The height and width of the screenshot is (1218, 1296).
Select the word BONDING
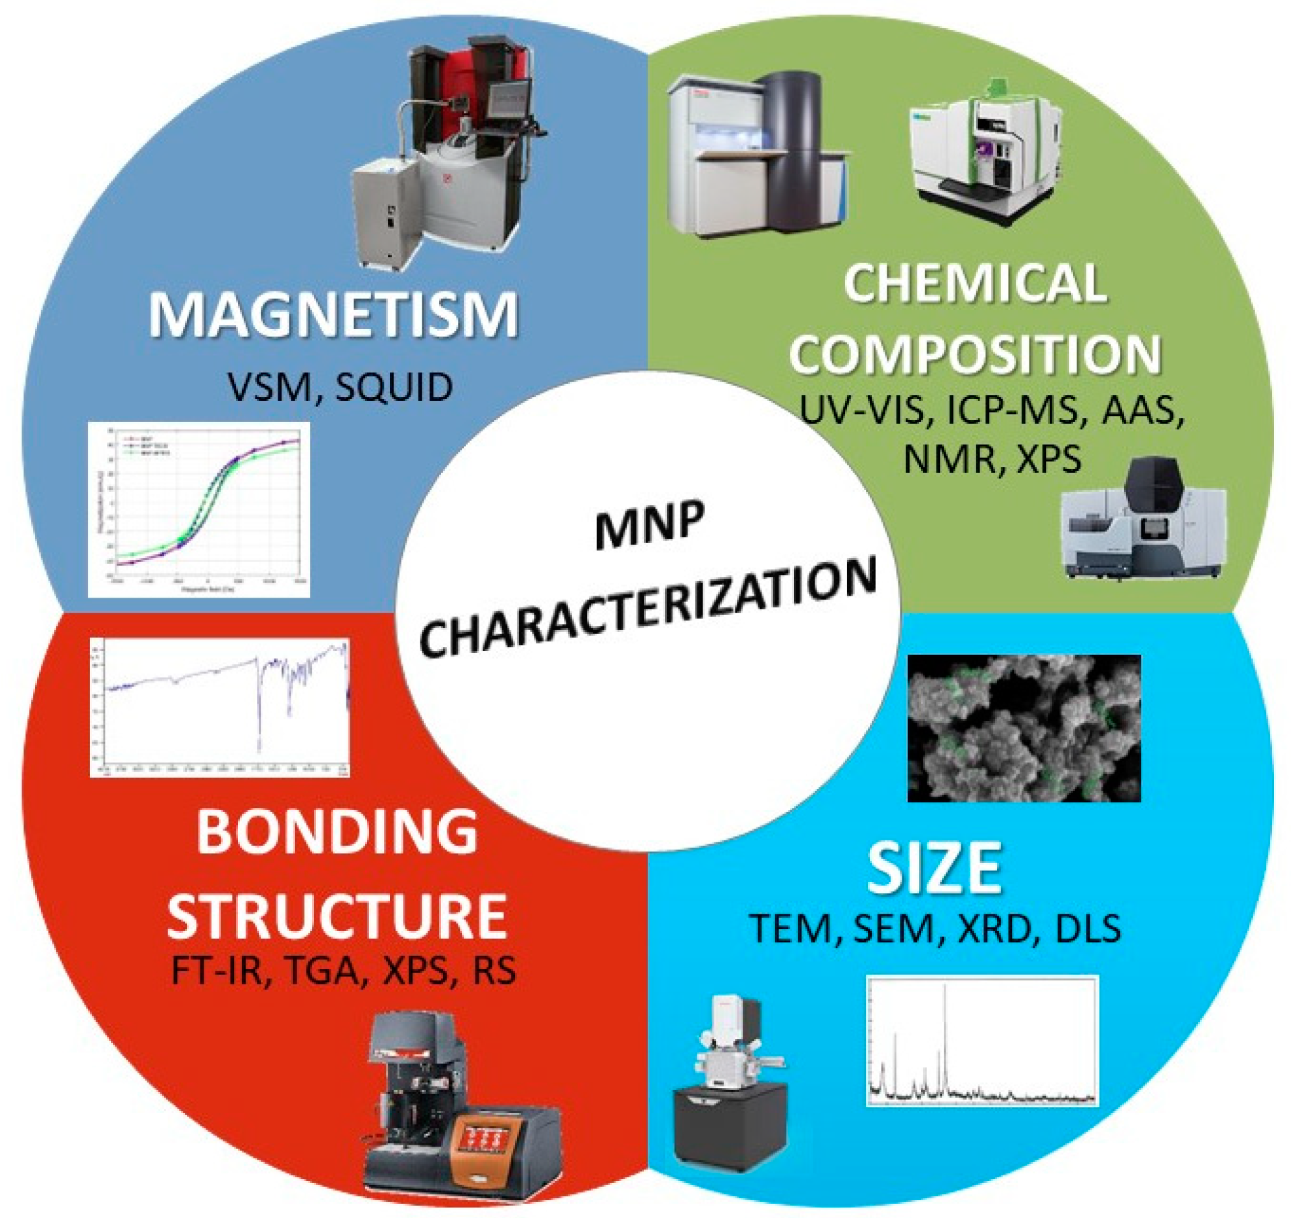[337, 833]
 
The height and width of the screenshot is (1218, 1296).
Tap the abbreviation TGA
[322, 971]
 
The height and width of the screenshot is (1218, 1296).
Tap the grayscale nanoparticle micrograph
[1024, 728]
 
